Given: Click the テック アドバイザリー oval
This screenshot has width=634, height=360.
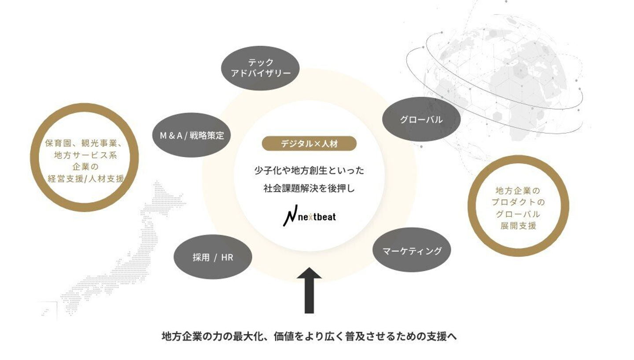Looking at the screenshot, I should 260,68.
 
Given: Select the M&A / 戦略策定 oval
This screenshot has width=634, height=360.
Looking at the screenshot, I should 192,135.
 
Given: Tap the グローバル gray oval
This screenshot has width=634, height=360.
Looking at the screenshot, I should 421,119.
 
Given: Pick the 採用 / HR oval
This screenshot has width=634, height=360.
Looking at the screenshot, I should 213,257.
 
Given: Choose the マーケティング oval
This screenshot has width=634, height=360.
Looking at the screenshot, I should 412,251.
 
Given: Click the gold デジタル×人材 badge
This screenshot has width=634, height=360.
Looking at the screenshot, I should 309,143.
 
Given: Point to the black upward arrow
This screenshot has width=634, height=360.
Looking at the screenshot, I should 309,290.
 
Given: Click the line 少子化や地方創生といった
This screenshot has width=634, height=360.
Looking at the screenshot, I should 309,169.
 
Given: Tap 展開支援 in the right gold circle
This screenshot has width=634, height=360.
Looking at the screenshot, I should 518,226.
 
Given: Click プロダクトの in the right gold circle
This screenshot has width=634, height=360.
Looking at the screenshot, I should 518,202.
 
